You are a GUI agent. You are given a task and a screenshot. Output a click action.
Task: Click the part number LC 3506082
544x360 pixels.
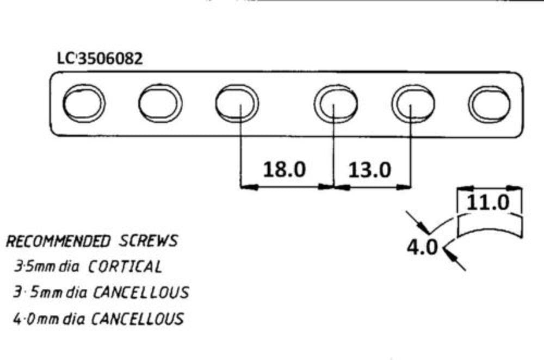coord(100,59)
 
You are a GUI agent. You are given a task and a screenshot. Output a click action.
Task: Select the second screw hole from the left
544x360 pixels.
coord(160,103)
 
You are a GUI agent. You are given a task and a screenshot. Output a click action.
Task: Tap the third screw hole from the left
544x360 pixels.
coord(237,103)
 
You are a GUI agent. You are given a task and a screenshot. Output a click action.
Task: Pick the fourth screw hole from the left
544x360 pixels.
coord(335,103)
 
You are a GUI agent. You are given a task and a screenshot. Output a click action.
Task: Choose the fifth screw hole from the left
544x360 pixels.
coord(413,103)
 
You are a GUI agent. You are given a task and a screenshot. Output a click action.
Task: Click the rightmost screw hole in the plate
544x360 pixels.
coord(489,103)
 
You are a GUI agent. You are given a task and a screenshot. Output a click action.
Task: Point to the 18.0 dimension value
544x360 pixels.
coord(285,170)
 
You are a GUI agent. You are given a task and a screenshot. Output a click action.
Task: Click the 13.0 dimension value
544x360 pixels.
coord(369,170)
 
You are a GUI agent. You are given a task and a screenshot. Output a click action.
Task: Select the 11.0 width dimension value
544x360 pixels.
coord(488,203)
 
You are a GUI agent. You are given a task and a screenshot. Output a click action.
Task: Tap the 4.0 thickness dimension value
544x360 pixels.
coord(422,247)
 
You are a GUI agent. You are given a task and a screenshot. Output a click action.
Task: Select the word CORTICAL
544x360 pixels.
coord(125,266)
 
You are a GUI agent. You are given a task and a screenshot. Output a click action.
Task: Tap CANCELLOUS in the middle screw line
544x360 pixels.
coord(141,293)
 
